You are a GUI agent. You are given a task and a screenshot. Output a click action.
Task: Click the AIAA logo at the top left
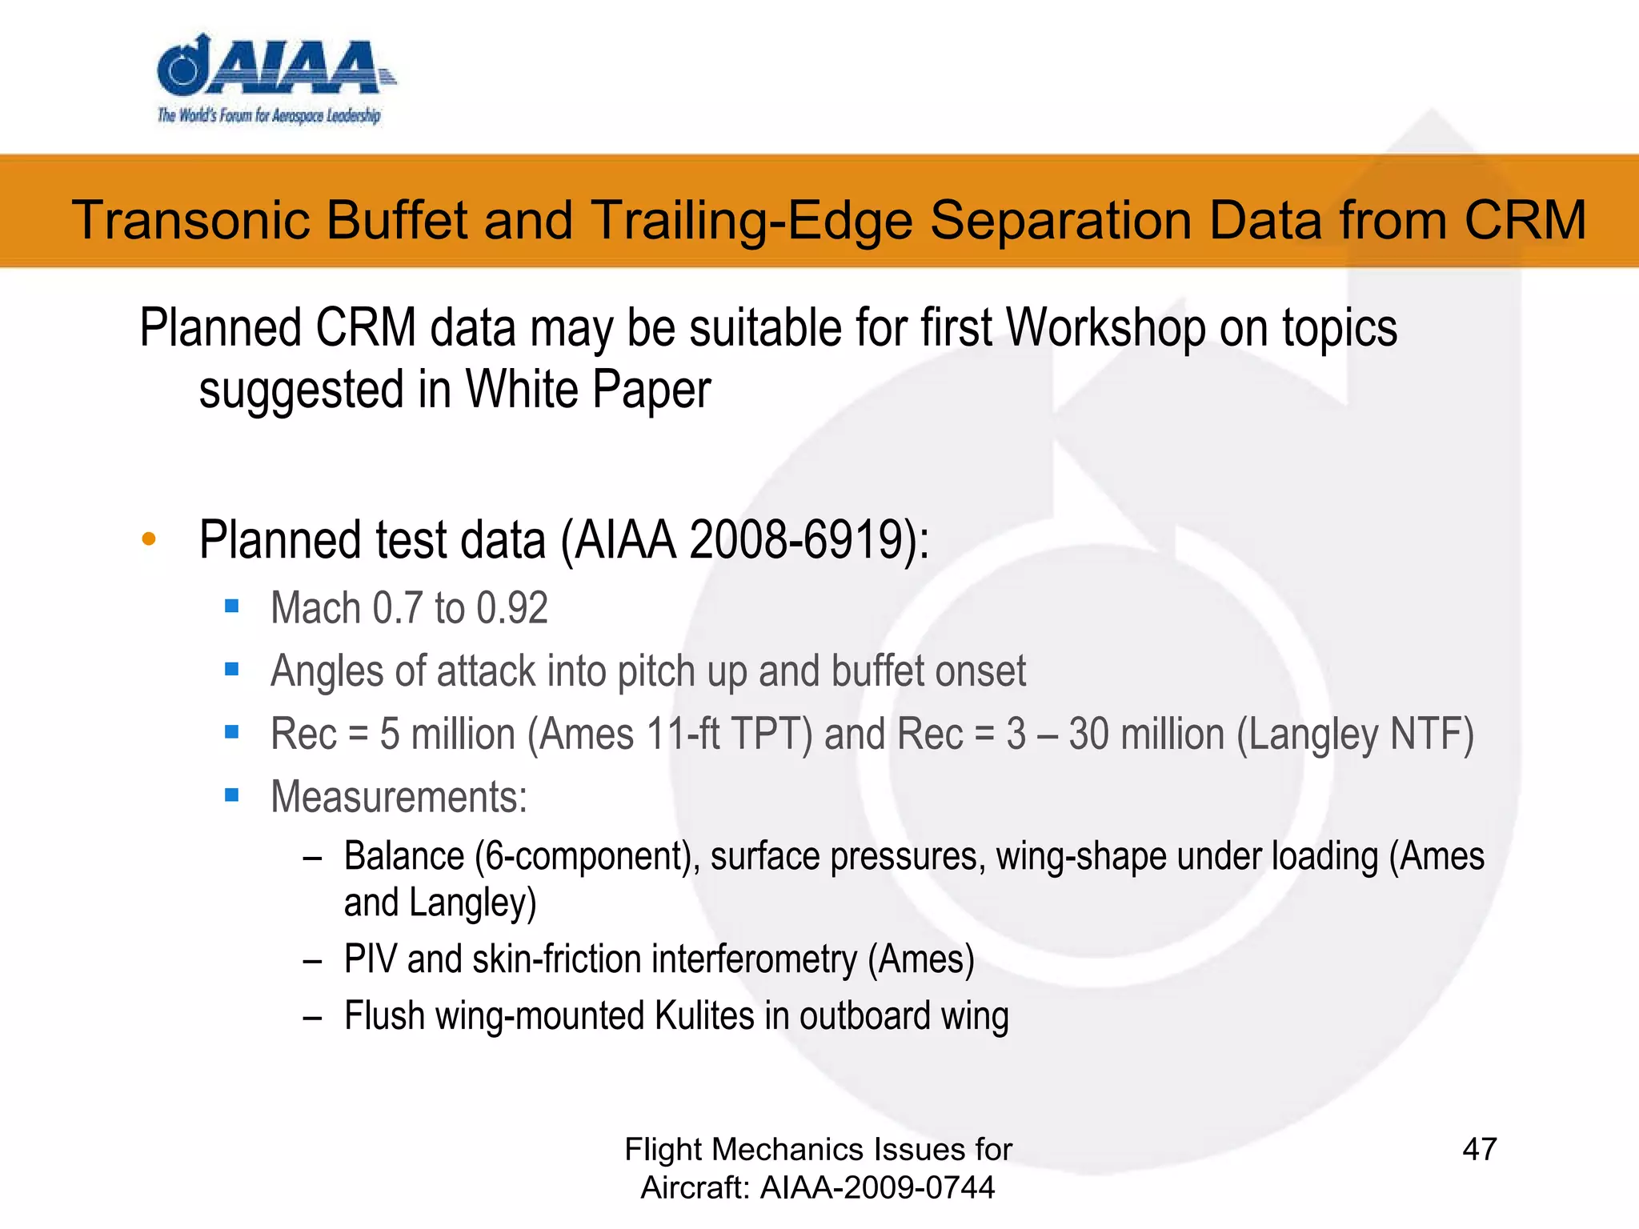[272, 80]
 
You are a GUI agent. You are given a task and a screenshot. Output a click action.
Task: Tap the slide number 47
[1479, 1149]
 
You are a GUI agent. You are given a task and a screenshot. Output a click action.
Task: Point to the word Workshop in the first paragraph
[1105, 328]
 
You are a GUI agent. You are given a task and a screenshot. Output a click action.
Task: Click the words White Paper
[588, 390]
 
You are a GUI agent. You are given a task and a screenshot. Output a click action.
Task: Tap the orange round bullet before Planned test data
[149, 539]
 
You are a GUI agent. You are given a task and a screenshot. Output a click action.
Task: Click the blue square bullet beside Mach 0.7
[232, 606]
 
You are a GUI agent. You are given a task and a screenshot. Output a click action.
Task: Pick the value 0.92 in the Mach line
[512, 608]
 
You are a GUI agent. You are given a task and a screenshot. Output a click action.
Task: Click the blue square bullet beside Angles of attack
[232, 670]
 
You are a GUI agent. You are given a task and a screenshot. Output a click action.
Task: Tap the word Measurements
[399, 797]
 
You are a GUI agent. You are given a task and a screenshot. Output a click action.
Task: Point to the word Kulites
[704, 1016]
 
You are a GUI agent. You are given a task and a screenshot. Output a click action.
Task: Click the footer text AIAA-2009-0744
[877, 1187]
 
